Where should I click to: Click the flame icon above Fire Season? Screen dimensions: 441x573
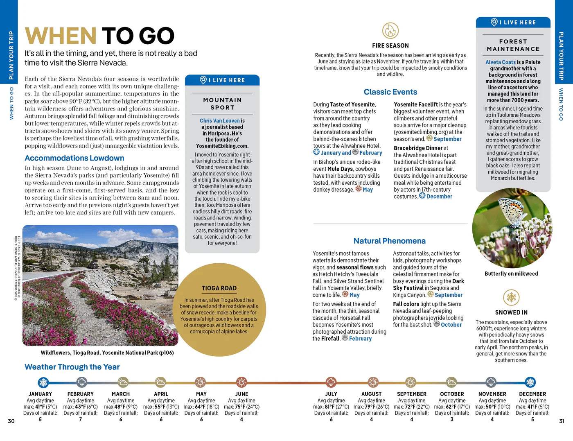[x=390, y=31]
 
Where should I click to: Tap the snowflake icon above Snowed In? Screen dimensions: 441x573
[x=511, y=297]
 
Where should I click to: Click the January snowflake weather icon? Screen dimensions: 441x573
[x=43, y=382]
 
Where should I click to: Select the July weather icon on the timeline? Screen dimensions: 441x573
[x=331, y=382]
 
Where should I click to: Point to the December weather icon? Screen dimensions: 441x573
[x=530, y=382]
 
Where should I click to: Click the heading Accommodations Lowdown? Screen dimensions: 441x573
[x=74, y=158]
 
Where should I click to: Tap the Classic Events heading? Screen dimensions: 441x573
[x=390, y=92]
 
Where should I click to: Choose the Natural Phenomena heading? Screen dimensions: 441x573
[x=389, y=241]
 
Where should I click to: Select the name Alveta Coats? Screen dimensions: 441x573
[x=500, y=62]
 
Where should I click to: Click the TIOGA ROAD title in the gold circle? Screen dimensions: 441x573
[x=219, y=288]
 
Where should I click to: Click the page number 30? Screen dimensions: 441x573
[x=11, y=421]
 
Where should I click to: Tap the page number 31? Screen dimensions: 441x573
[x=562, y=421]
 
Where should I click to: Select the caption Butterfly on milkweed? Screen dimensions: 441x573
[x=511, y=274]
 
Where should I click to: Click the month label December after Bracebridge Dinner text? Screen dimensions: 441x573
[x=439, y=197]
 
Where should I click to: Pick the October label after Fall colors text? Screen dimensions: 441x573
[x=451, y=325]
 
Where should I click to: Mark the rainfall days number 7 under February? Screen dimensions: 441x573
[x=80, y=419]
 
